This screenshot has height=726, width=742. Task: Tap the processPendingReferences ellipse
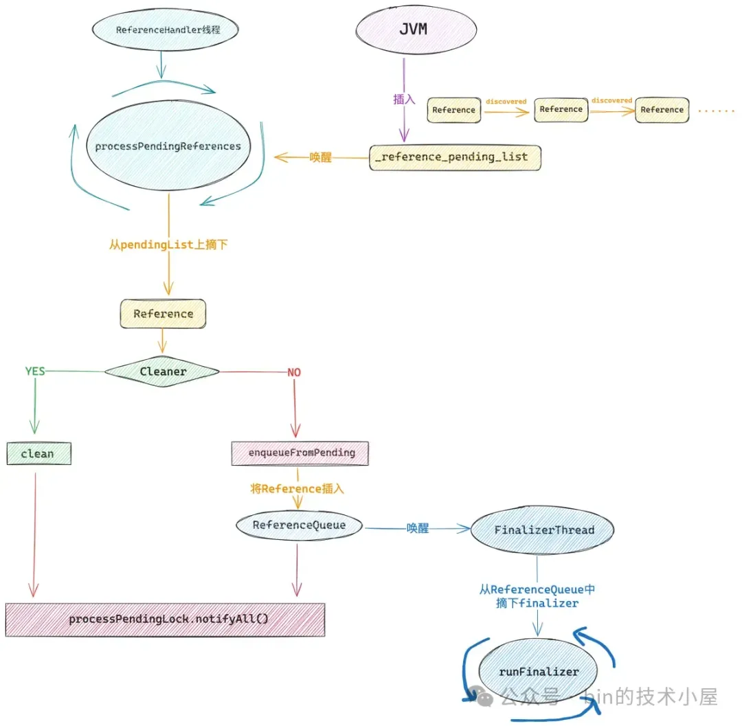[x=168, y=146]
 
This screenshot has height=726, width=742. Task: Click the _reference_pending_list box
[x=455, y=157]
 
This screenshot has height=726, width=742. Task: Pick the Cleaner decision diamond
[x=163, y=372]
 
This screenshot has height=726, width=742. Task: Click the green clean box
[x=38, y=454]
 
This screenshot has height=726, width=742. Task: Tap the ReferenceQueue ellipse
[x=299, y=525]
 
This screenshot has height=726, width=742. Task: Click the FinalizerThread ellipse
[x=543, y=530]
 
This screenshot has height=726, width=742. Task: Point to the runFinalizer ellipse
[x=539, y=672]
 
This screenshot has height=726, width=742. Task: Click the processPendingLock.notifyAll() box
[x=165, y=620]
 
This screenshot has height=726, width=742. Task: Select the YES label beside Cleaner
[x=35, y=372]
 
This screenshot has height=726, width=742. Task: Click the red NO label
[x=294, y=372]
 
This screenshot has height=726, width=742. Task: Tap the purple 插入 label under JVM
[x=404, y=99]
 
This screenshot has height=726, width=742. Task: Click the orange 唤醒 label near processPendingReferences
[x=320, y=157]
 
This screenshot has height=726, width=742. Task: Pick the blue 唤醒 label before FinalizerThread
[x=417, y=528]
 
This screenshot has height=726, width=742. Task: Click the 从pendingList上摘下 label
[x=168, y=245]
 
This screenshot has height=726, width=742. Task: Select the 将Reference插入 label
[x=297, y=489]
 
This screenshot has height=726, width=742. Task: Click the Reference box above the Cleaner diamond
[x=163, y=314]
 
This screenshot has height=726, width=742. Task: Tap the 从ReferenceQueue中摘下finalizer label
[x=537, y=596]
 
